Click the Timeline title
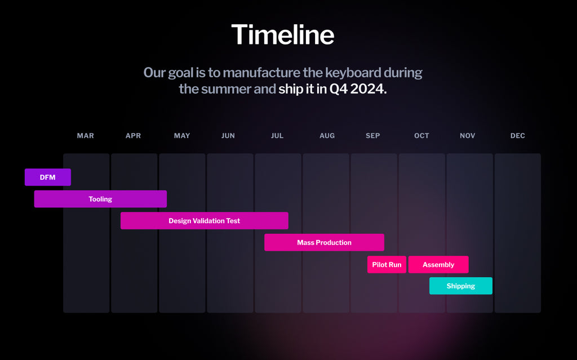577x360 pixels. point(283,34)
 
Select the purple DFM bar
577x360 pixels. point(48,177)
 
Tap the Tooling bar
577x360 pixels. point(100,199)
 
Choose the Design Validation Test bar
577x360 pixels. point(204,220)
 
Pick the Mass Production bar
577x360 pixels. point(324,242)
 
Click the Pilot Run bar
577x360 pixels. point(387,264)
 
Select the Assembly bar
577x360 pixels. point(438,264)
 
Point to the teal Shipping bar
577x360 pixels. point(461,286)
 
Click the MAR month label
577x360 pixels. point(86,135)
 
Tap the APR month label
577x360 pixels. point(133,135)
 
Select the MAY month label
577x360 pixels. point(182,135)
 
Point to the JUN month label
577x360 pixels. point(228,135)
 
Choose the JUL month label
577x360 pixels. point(277,135)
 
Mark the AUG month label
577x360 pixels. point(327,135)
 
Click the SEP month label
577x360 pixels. point(373,135)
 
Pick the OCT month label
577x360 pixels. point(421,135)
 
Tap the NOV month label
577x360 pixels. point(467,135)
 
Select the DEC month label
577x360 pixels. point(518,135)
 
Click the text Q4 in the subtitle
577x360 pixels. point(338,88)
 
